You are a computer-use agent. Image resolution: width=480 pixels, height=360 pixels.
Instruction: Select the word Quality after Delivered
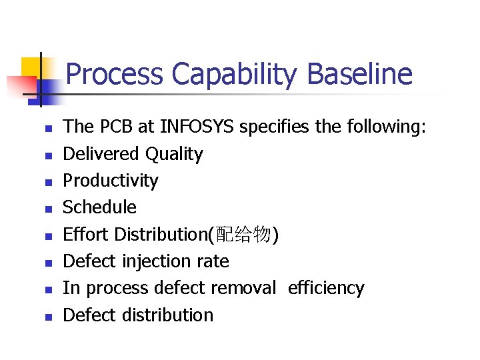(174, 154)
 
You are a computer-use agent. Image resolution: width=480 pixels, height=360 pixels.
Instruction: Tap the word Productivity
(111, 181)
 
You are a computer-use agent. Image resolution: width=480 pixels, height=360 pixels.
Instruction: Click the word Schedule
(99, 207)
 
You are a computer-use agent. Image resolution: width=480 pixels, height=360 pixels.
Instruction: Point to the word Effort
(86, 234)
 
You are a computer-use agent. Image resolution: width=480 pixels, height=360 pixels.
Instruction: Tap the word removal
(243, 288)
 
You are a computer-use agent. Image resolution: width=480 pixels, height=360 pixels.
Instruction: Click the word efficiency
(326, 288)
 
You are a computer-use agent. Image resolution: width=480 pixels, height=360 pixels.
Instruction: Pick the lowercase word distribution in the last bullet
(167, 315)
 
